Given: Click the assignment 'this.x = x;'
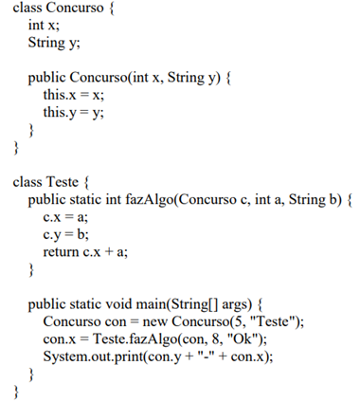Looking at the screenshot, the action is pos(75,96).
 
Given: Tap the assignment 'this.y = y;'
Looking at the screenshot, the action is pos(75,113).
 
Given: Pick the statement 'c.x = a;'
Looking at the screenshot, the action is pos(65,216).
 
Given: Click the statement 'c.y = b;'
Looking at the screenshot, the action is pos(65,233).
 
